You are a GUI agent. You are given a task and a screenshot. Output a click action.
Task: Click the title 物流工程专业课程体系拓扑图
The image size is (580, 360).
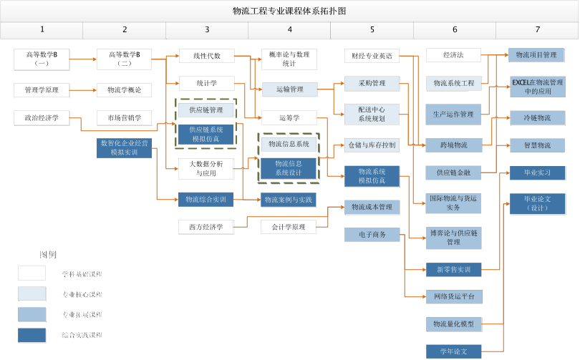click(x=289, y=11)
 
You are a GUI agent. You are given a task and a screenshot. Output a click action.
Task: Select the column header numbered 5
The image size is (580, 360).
click(x=372, y=29)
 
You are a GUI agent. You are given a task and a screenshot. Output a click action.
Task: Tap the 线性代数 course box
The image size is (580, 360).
click(x=206, y=56)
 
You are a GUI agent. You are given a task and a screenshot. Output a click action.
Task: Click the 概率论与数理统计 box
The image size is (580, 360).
click(x=289, y=59)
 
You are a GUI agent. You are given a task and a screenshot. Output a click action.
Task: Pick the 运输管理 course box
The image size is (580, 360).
click(x=289, y=89)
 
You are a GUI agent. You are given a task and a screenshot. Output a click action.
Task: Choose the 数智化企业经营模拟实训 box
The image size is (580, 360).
click(x=125, y=147)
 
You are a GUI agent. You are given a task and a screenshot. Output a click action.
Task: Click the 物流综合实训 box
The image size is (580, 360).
click(x=206, y=199)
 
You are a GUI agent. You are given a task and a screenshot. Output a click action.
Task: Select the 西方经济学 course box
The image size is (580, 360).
click(x=206, y=227)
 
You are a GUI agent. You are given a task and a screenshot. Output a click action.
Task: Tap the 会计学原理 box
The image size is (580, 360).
click(x=289, y=227)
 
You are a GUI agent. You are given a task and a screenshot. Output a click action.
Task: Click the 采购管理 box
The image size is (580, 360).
click(x=372, y=83)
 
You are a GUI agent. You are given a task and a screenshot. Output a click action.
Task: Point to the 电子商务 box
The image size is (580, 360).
click(x=372, y=235)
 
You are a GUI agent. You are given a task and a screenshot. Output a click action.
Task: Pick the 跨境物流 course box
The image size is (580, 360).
click(x=454, y=145)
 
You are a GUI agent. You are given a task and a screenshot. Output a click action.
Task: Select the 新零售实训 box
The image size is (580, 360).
click(x=454, y=270)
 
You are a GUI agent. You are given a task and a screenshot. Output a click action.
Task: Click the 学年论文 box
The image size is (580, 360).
click(x=454, y=351)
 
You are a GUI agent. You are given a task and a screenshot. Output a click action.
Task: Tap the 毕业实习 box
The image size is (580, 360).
click(x=537, y=172)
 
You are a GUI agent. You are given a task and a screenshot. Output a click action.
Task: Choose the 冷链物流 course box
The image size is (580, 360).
click(x=537, y=117)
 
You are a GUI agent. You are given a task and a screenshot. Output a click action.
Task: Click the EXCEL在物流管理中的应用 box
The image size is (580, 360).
click(x=537, y=87)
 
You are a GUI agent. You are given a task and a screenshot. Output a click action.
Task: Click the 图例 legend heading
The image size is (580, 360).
click(x=47, y=254)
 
